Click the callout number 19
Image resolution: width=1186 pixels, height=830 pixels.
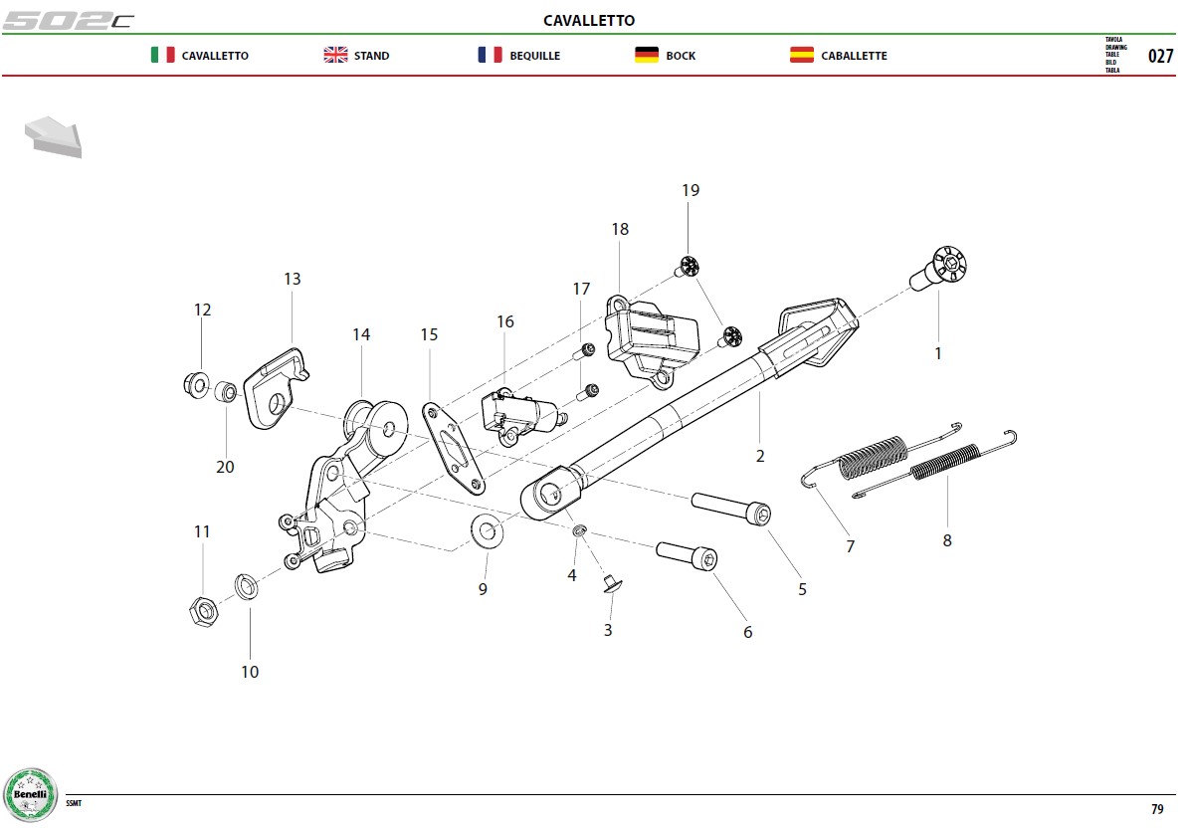(691, 191)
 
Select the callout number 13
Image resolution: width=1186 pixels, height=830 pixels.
(292, 280)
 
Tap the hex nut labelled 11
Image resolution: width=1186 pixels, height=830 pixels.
(203, 611)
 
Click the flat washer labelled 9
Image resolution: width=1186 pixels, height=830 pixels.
(488, 531)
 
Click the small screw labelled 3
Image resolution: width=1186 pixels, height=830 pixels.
(611, 583)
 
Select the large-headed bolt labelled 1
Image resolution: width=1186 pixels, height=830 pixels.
(938, 269)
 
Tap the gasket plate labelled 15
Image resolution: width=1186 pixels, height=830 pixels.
(453, 449)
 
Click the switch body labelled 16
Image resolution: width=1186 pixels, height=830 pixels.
(522, 417)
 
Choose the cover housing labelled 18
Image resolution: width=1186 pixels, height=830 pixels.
(652, 340)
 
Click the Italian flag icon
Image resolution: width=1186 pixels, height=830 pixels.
(162, 55)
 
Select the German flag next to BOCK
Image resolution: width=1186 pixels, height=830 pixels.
(647, 55)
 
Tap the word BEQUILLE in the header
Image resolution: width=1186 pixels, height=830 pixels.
(534, 56)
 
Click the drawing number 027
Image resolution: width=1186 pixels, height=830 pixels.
(1160, 56)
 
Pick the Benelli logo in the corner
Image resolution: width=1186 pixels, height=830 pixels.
(30, 795)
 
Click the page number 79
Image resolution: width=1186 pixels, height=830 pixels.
(1157, 809)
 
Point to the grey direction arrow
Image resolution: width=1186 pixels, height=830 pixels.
(53, 137)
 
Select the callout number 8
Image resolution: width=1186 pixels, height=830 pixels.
(947, 541)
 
